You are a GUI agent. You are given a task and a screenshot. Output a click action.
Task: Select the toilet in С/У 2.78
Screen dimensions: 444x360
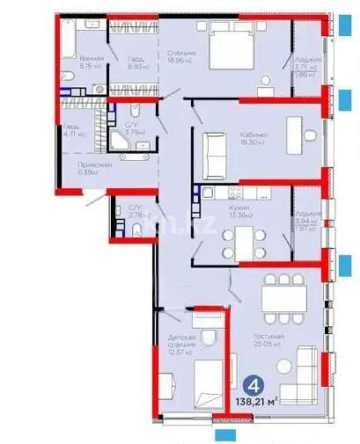coord(136,230)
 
